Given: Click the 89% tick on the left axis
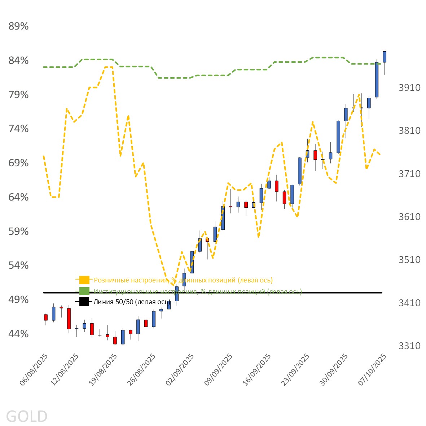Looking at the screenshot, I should tap(18, 26).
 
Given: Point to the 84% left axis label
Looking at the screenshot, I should tap(18, 61).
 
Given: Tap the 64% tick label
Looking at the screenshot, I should tap(18, 197).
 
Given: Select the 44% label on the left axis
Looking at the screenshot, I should tap(18, 334).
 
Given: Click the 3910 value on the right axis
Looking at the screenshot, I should tap(409, 88).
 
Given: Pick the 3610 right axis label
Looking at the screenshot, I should tap(409, 217).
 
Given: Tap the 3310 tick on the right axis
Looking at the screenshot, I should tap(409, 346).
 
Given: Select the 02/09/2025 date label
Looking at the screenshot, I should tap(180, 369).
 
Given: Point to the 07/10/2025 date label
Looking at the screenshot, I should tap(373, 369).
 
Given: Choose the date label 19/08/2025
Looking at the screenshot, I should tap(103, 369).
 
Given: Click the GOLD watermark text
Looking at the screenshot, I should tap(27, 416).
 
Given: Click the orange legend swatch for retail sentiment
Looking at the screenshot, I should tap(84, 280).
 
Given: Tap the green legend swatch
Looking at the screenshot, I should tap(84, 291).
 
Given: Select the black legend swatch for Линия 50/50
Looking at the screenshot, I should tap(84, 302).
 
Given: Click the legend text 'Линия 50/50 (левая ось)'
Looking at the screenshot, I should tap(132, 302).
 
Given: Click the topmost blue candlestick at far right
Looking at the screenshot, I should tap(385, 57).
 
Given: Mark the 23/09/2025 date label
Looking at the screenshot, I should tap(295, 369).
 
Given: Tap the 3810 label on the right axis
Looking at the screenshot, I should tap(409, 131).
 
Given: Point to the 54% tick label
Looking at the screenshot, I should tap(18, 265).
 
